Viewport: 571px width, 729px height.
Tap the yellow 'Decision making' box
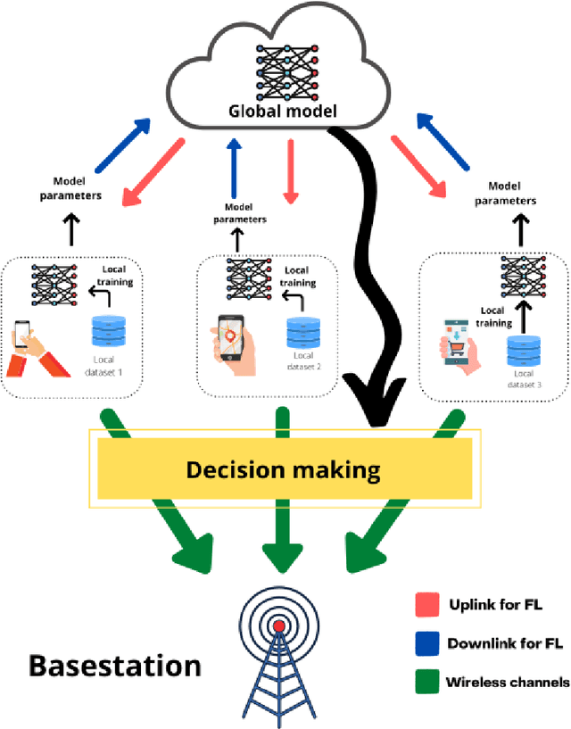click(282, 469)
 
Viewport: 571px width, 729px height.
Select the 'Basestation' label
click(115, 666)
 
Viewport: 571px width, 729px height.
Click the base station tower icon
click(279, 656)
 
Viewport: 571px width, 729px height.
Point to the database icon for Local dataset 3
click(524, 351)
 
